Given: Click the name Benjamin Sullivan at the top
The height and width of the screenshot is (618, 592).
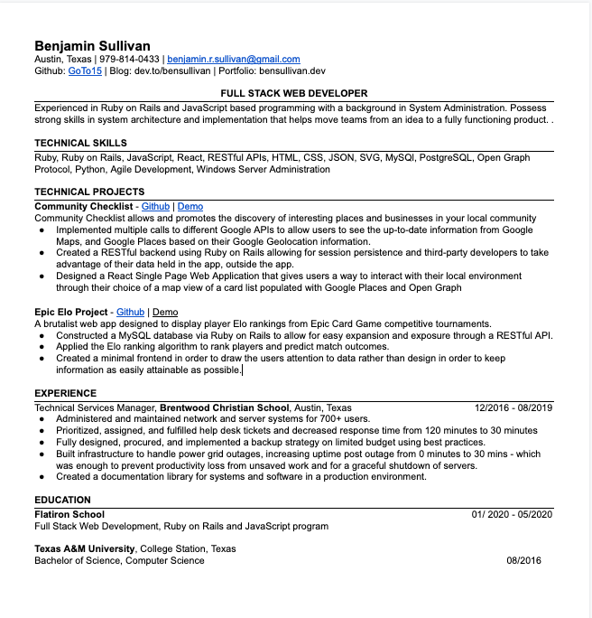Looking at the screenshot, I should (92, 46).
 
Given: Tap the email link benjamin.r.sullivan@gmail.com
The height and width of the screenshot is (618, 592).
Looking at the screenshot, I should (233, 59).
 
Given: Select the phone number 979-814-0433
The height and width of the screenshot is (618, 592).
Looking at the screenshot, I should (130, 59).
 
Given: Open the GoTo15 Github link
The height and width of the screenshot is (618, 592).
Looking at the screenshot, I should (85, 70).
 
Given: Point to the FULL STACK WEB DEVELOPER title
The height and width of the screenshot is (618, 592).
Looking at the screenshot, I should (294, 94).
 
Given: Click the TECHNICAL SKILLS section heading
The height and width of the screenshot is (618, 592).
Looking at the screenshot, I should (80, 143).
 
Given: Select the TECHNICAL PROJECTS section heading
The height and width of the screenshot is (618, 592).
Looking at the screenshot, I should (89, 192).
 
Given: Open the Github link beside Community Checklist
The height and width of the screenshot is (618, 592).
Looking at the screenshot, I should (155, 206).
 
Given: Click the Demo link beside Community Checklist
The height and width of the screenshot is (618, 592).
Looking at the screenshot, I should (190, 206).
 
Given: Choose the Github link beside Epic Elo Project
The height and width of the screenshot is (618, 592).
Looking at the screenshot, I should (130, 312).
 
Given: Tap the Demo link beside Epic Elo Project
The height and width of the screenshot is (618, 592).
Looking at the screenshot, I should (165, 312).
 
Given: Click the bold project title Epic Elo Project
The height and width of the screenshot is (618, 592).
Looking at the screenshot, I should (71, 312).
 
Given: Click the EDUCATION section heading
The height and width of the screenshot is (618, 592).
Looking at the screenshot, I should (62, 500).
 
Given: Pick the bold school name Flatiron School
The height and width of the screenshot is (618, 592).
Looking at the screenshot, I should (69, 514).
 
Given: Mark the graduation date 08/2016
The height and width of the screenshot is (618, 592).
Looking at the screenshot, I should (523, 560).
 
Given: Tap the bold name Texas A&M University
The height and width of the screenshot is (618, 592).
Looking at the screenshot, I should (85, 548).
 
